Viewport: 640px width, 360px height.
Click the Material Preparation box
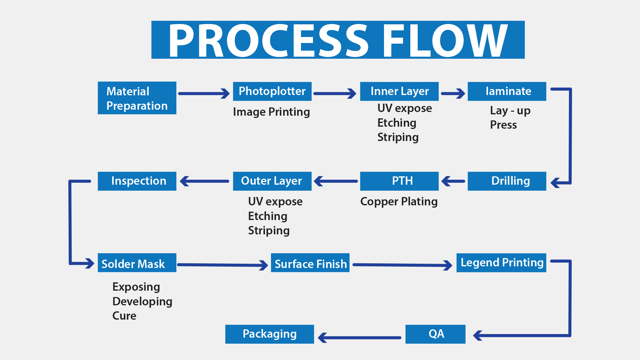(137, 98)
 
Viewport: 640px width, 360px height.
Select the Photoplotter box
(272, 91)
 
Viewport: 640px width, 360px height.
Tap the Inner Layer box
(399, 91)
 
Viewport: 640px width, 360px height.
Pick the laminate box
(507, 91)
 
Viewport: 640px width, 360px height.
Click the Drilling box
(507, 181)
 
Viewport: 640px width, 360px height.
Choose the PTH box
(399, 181)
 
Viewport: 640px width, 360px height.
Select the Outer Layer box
(272, 181)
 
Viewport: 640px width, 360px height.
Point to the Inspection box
(137, 181)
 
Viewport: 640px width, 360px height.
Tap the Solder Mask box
(137, 263)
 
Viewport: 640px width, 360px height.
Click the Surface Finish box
(310, 263)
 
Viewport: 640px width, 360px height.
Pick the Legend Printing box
(501, 263)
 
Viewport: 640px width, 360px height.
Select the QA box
(435, 334)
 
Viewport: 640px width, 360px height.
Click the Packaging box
(270, 334)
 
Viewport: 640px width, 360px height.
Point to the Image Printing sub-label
(271, 112)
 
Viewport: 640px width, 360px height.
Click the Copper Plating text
(399, 202)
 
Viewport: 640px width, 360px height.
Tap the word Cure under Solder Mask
(124, 316)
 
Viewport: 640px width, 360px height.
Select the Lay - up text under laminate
(510, 111)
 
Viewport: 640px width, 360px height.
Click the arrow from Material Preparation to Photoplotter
(204, 94)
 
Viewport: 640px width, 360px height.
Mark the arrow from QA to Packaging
(360, 337)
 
